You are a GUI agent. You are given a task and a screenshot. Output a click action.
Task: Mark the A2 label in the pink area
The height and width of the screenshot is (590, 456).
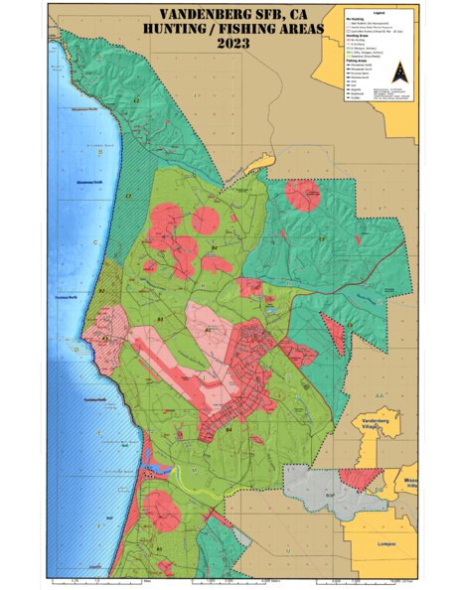(x=208, y=329)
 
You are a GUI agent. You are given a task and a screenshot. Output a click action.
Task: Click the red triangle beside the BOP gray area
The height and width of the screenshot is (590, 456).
(x=353, y=479)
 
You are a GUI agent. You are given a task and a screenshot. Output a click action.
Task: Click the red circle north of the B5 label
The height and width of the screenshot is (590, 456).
(x=160, y=509)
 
